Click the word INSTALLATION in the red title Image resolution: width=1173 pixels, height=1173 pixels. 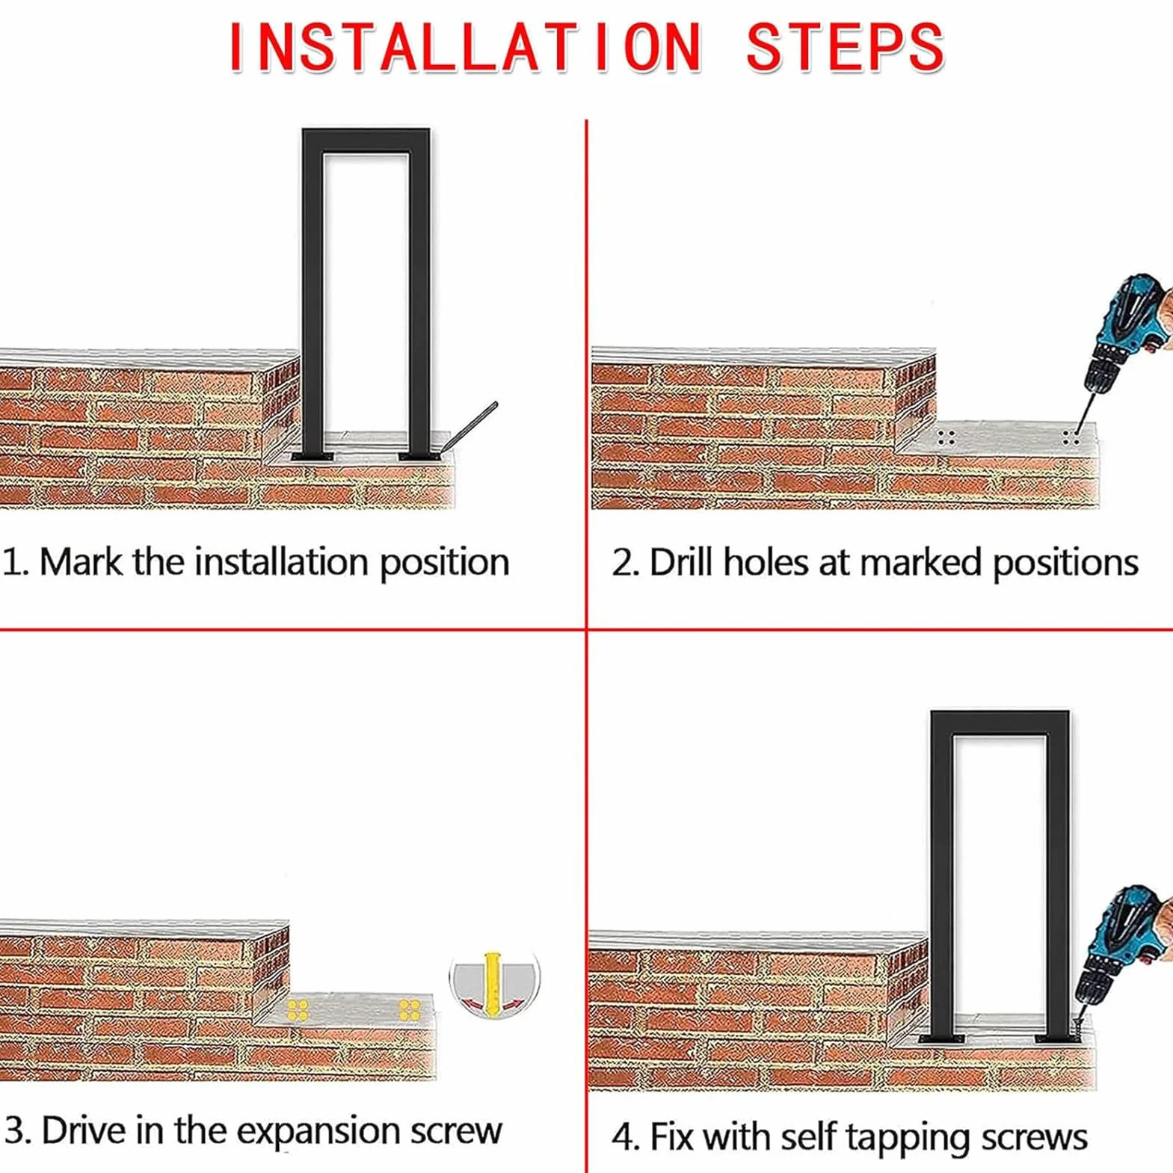coord(464,47)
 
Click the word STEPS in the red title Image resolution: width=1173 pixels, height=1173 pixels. coord(846,47)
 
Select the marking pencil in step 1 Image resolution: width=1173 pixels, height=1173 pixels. coord(469,427)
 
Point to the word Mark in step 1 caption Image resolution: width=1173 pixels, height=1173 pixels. coord(80,561)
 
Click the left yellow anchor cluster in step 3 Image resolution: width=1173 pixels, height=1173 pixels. coord(298,1010)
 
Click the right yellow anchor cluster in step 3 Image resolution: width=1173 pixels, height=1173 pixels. coord(410,1009)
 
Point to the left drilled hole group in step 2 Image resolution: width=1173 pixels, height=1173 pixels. coord(946,437)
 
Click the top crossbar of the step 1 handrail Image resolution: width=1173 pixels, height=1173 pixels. coord(366,140)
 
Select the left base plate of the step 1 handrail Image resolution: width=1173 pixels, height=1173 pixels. coord(312,456)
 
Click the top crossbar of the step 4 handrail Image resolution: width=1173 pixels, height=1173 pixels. coord(1000,722)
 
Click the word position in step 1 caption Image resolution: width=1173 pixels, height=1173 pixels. coord(444,563)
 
